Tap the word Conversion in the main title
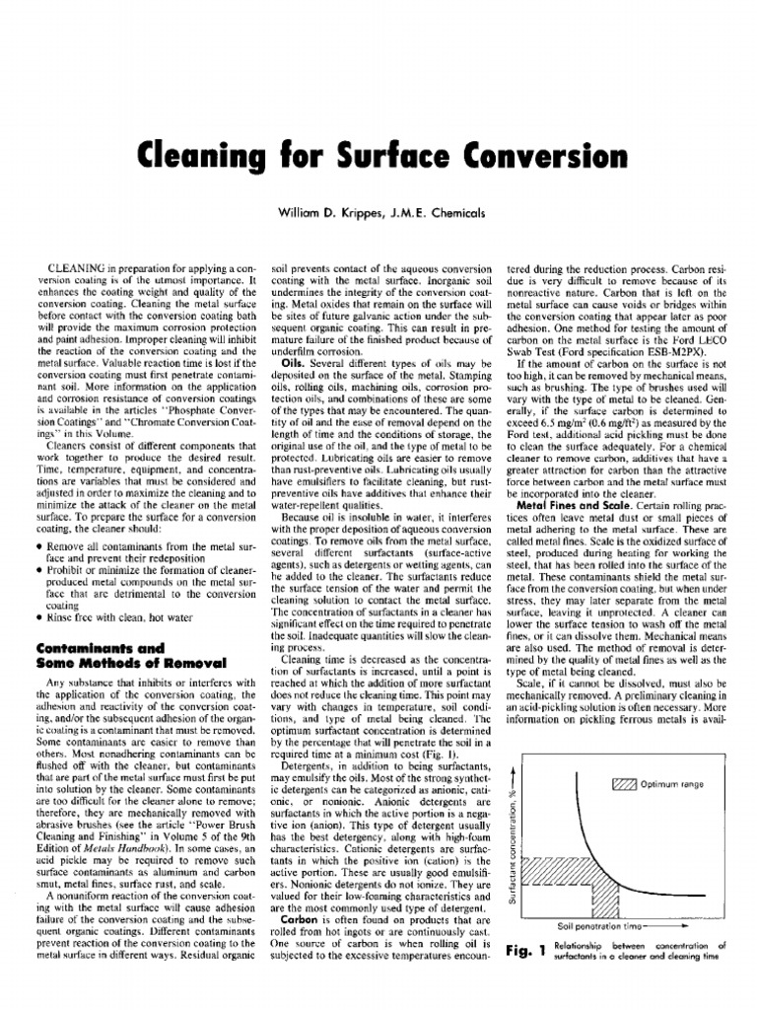point(541,157)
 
